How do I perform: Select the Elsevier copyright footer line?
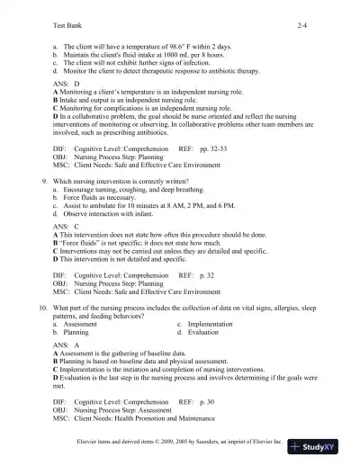[x=180, y=443]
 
